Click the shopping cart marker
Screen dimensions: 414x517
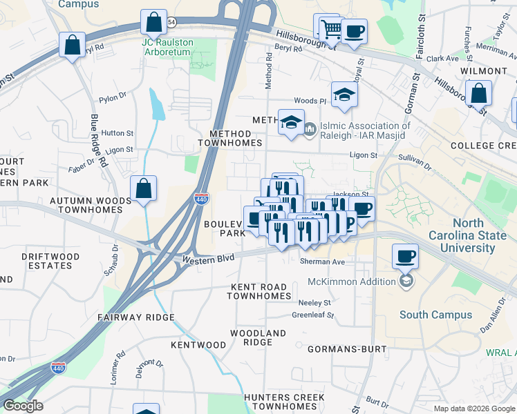[x=329, y=28]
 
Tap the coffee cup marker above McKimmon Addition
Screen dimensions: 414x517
[x=406, y=257]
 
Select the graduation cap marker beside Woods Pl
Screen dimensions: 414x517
[x=344, y=95]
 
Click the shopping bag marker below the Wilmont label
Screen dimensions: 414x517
[x=478, y=93]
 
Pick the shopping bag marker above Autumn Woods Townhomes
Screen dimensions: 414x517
[x=143, y=188]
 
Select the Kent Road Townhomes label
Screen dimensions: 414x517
[x=259, y=291]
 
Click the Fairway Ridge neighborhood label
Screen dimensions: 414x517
[x=135, y=317]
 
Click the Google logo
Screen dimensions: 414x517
[x=23, y=406]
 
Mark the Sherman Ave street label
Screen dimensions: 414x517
[x=322, y=262]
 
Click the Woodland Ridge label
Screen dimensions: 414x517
[x=258, y=338]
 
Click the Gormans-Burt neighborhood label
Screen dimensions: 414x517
[x=346, y=349]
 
